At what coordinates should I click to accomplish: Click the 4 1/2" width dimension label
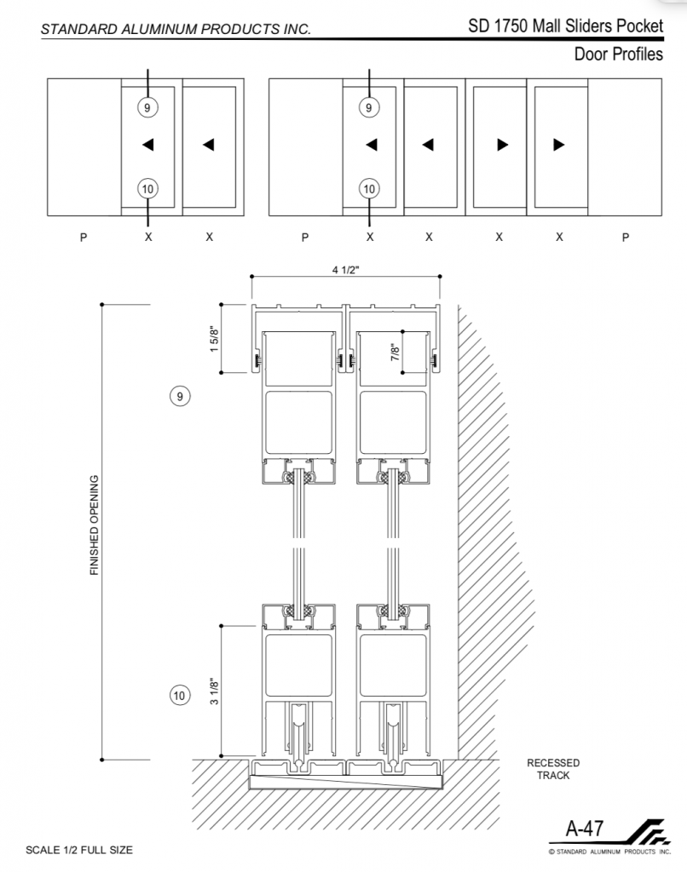[x=346, y=270]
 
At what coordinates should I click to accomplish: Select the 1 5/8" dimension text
[x=214, y=339]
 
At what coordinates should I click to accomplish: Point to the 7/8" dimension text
[x=395, y=352]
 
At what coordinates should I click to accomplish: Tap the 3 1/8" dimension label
[x=214, y=691]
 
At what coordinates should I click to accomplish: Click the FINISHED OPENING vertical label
[x=94, y=525]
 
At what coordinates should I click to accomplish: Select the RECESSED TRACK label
[x=553, y=769]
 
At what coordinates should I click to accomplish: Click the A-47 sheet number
[x=584, y=829]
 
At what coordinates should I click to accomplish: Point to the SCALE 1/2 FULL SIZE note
[x=79, y=850]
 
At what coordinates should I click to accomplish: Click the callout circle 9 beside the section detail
[x=179, y=397]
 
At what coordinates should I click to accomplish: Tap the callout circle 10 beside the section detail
[x=179, y=695]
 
